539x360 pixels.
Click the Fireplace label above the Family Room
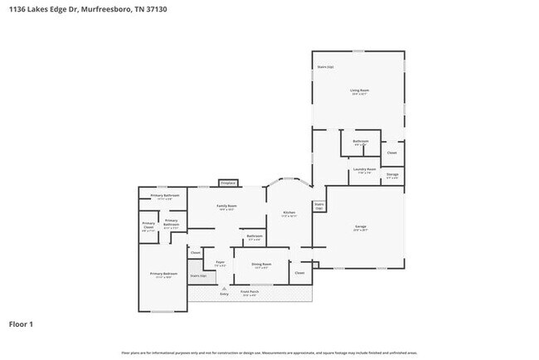228,182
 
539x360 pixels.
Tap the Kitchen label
289,213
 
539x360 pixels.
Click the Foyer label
221,263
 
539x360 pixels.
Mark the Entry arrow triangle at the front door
224,288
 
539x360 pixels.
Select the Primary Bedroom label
163,274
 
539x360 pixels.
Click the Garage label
361,226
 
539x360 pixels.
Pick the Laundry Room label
365,169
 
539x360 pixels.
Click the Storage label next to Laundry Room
392,174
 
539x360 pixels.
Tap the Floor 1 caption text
21,324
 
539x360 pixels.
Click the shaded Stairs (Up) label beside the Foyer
198,275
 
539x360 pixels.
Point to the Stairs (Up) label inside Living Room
325,66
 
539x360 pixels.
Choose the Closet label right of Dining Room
299,272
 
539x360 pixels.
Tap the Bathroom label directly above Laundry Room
361,141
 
